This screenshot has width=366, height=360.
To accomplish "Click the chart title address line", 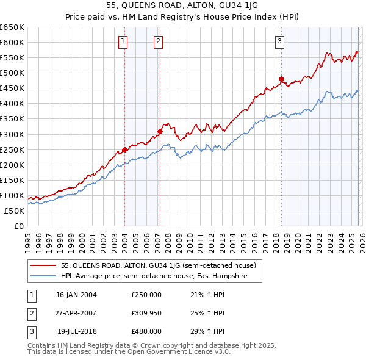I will (182, 7).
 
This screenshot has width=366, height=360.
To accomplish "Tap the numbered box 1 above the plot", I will (123, 41).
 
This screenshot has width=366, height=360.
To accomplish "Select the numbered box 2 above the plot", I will (158, 41).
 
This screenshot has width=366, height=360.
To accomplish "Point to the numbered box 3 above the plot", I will (279, 41).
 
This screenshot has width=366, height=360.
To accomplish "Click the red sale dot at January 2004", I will (124, 149).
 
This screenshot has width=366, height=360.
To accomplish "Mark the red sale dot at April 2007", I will (160, 131).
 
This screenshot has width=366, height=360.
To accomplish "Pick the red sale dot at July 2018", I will (281, 78).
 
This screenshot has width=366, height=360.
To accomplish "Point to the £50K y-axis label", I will (15, 211).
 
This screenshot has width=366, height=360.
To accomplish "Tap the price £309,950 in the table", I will (146, 313).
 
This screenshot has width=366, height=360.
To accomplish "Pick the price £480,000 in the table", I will (146, 332).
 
